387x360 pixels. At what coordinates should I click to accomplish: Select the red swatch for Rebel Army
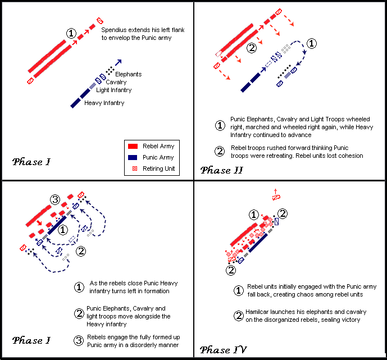point(134,147)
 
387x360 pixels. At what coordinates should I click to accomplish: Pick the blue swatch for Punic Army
point(134,157)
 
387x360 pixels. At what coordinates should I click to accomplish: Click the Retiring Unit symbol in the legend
point(134,168)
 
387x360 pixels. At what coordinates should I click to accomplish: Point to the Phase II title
point(221,170)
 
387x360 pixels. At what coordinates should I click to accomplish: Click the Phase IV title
point(222,350)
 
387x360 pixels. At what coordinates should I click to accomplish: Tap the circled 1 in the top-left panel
point(71,33)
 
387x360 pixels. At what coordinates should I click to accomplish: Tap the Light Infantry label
point(113,90)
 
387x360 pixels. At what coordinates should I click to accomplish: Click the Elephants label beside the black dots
point(128,74)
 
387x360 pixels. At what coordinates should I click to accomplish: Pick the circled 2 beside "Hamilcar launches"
point(239,316)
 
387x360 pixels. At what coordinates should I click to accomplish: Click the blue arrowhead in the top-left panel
point(119,61)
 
